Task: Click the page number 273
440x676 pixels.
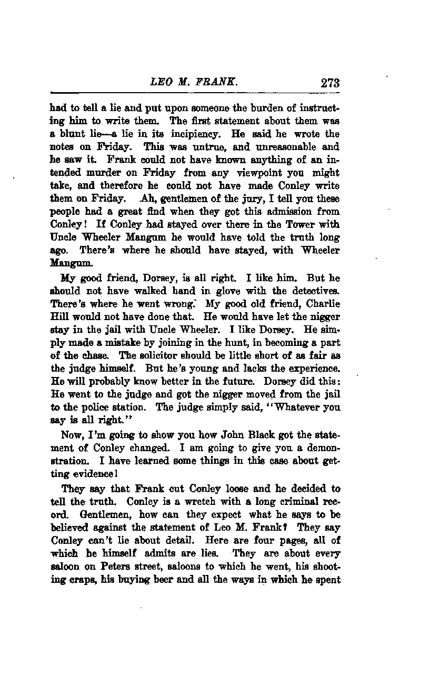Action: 329,83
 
